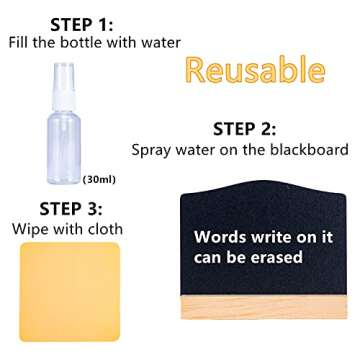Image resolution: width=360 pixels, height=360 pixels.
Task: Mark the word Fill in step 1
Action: tap(21, 42)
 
